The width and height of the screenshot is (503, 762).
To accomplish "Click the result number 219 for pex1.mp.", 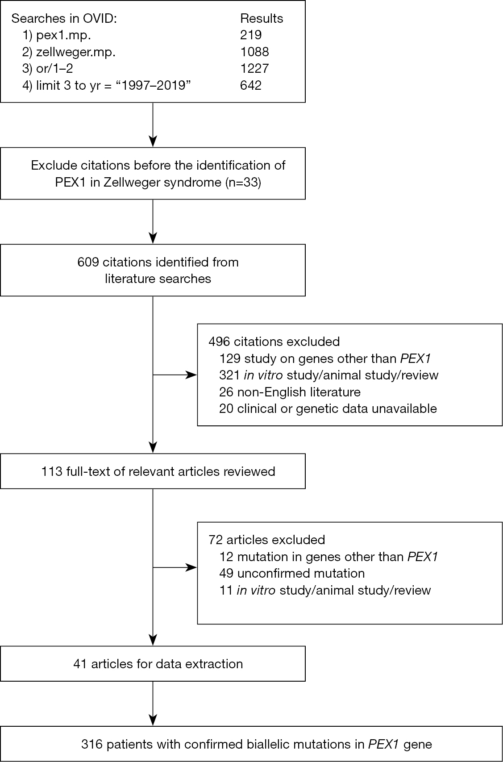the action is (251, 35).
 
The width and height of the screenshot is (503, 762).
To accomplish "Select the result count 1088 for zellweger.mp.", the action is (254, 52).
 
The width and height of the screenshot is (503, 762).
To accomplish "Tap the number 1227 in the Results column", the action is (254, 68).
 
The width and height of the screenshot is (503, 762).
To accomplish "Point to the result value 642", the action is (251, 85).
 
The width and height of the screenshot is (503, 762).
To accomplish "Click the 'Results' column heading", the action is (262, 18).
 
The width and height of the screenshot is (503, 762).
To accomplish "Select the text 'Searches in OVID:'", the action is (64, 18).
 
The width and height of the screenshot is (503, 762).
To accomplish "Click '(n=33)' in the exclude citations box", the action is (243, 182).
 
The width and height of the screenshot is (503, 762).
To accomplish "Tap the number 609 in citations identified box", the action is (88, 262).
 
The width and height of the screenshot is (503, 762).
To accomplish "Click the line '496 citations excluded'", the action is (274, 341).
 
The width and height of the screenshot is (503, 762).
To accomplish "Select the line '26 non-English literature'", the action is (290, 392).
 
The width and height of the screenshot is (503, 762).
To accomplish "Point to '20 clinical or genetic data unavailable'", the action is (328, 408).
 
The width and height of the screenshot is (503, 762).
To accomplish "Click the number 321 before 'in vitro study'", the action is (229, 375).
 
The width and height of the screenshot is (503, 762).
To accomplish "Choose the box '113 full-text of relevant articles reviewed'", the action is (153, 471).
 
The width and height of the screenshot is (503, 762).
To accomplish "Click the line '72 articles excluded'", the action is (266, 540).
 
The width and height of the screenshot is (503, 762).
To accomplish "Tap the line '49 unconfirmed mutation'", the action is (292, 574).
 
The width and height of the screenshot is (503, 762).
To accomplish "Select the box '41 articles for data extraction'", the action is (153, 664).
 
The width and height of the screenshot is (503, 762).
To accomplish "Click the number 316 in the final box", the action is (92, 744).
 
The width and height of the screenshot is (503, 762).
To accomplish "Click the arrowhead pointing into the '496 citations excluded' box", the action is (191, 375).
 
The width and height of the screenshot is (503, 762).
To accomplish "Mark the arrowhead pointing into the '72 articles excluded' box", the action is (191, 567).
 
